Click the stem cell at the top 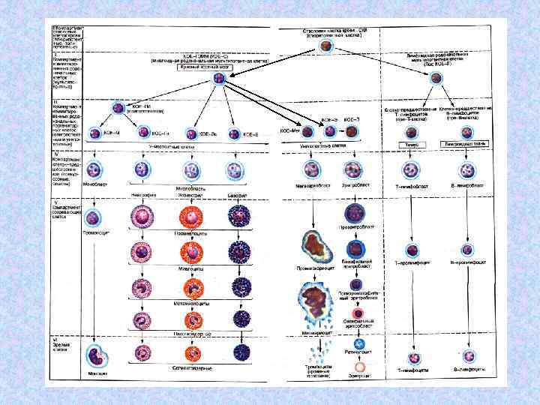coord(325,46)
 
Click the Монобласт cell coord(94,169)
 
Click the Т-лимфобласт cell coord(411,169)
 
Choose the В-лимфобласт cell coord(467,169)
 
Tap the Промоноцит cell coord(93,219)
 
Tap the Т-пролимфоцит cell coord(411,249)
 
